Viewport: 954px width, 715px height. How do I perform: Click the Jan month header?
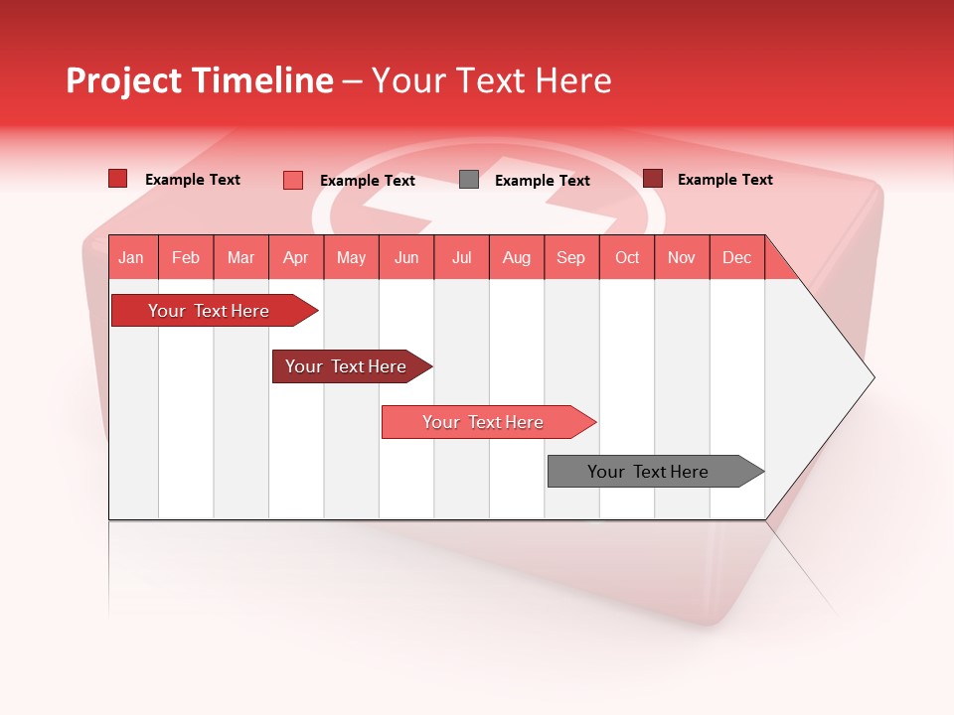click(131, 257)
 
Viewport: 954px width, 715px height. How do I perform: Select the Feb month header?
click(186, 257)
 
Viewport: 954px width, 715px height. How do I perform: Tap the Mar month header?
click(240, 257)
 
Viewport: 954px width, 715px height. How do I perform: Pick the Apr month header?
click(295, 257)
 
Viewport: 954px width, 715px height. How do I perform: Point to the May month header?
click(351, 257)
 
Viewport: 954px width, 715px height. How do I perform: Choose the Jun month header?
click(406, 257)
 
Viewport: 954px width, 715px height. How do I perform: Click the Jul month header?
click(461, 257)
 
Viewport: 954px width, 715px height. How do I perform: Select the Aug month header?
click(516, 257)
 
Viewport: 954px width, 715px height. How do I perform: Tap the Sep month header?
click(570, 257)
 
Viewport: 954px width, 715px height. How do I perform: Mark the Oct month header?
click(627, 257)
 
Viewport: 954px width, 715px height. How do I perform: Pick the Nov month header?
click(682, 257)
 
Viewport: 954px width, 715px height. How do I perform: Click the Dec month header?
click(736, 257)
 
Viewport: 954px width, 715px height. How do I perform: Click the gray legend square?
click(469, 180)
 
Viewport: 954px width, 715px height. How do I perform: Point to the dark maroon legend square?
click(653, 179)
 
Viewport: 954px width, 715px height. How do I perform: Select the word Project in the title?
click(123, 80)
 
